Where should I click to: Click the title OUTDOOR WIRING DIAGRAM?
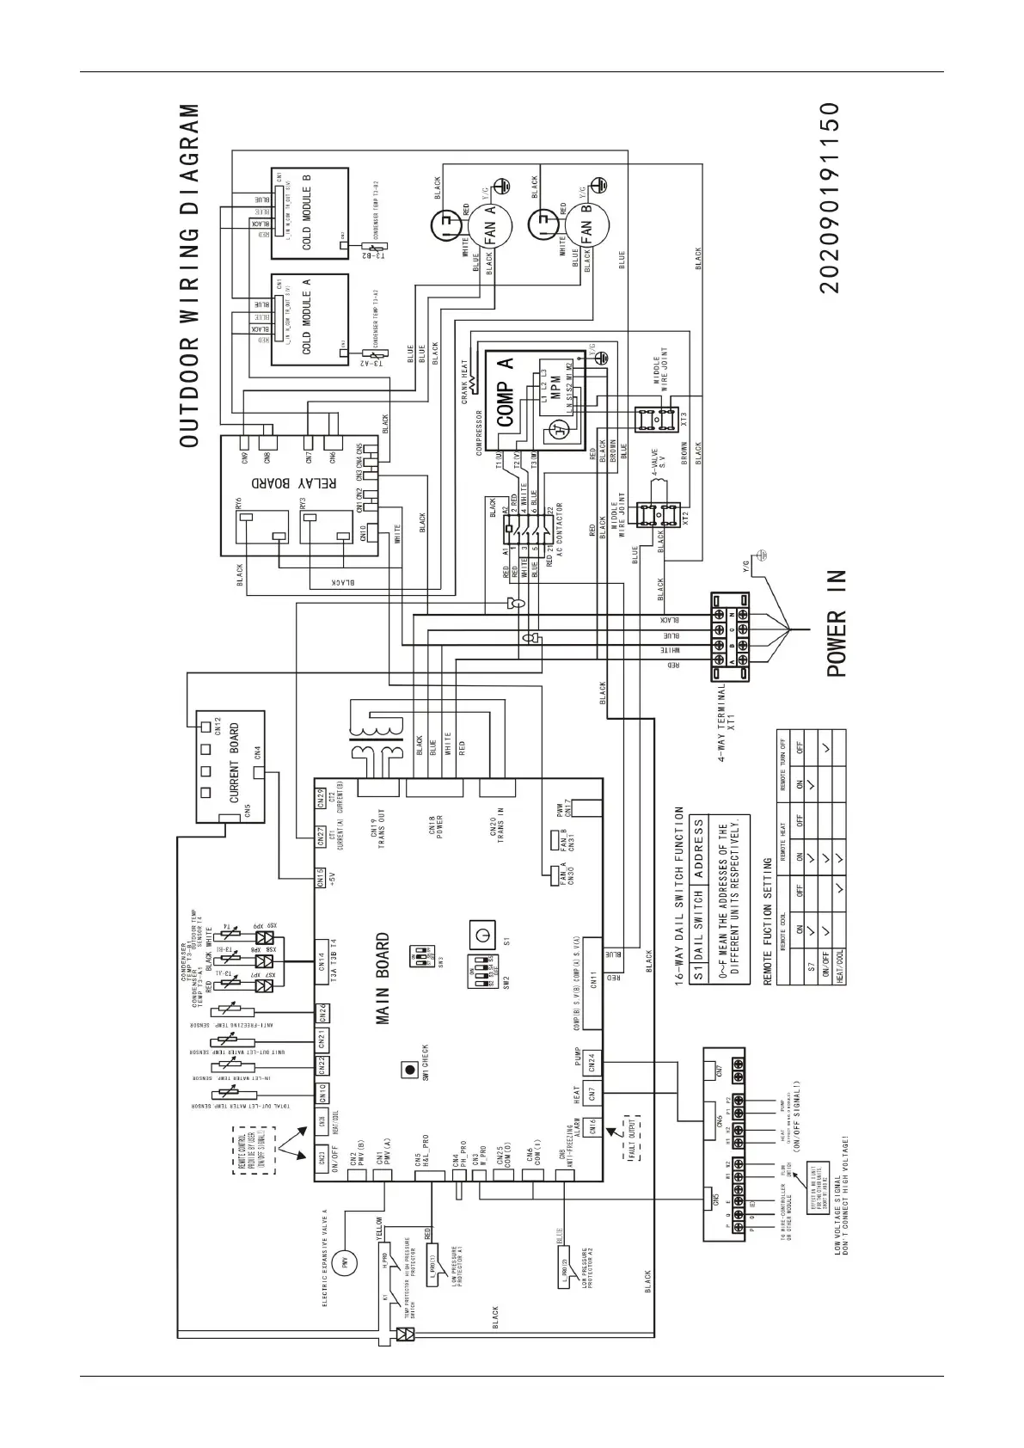190,276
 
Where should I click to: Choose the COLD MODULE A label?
307,316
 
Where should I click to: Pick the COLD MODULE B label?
307,212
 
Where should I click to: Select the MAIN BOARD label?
383,979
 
